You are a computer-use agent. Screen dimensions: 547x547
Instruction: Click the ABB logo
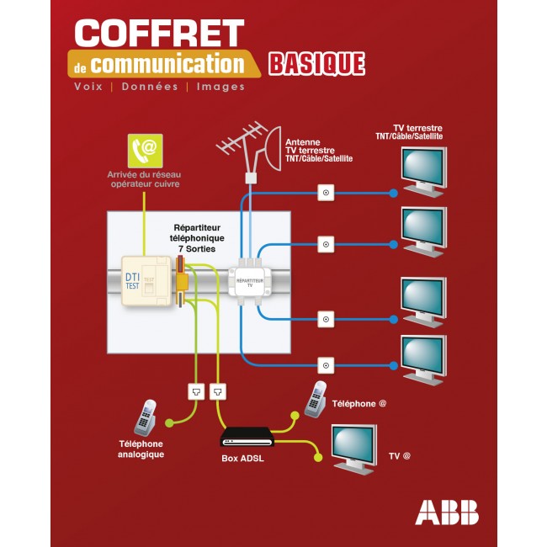point(446,512)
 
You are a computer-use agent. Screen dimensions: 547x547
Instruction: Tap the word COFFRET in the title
point(159,33)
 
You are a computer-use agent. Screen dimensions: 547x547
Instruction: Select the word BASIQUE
point(316,64)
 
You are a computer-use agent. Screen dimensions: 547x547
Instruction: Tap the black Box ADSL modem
point(247,437)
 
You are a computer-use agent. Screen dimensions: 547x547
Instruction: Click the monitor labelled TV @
point(353,447)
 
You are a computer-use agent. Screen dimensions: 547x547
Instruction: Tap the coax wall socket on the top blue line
point(325,194)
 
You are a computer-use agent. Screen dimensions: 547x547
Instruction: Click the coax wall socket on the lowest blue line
point(325,364)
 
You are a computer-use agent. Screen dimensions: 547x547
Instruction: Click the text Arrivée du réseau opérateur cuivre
point(143,179)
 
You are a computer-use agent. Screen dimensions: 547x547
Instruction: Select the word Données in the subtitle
point(150,87)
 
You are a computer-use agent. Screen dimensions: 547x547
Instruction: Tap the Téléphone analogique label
point(141,449)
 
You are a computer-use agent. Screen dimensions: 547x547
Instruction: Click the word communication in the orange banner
point(167,64)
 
